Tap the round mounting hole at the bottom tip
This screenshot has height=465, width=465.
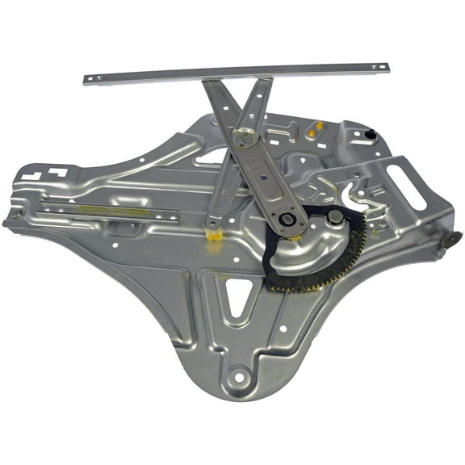pos(240,376)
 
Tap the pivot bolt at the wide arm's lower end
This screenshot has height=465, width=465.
pos(287,220)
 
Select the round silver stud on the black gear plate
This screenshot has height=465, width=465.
pos(335,217)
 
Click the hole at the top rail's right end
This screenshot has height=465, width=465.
pos(375,67)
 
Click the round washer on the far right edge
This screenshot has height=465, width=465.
pos(450,240)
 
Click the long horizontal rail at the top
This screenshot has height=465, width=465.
pos(234,73)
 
